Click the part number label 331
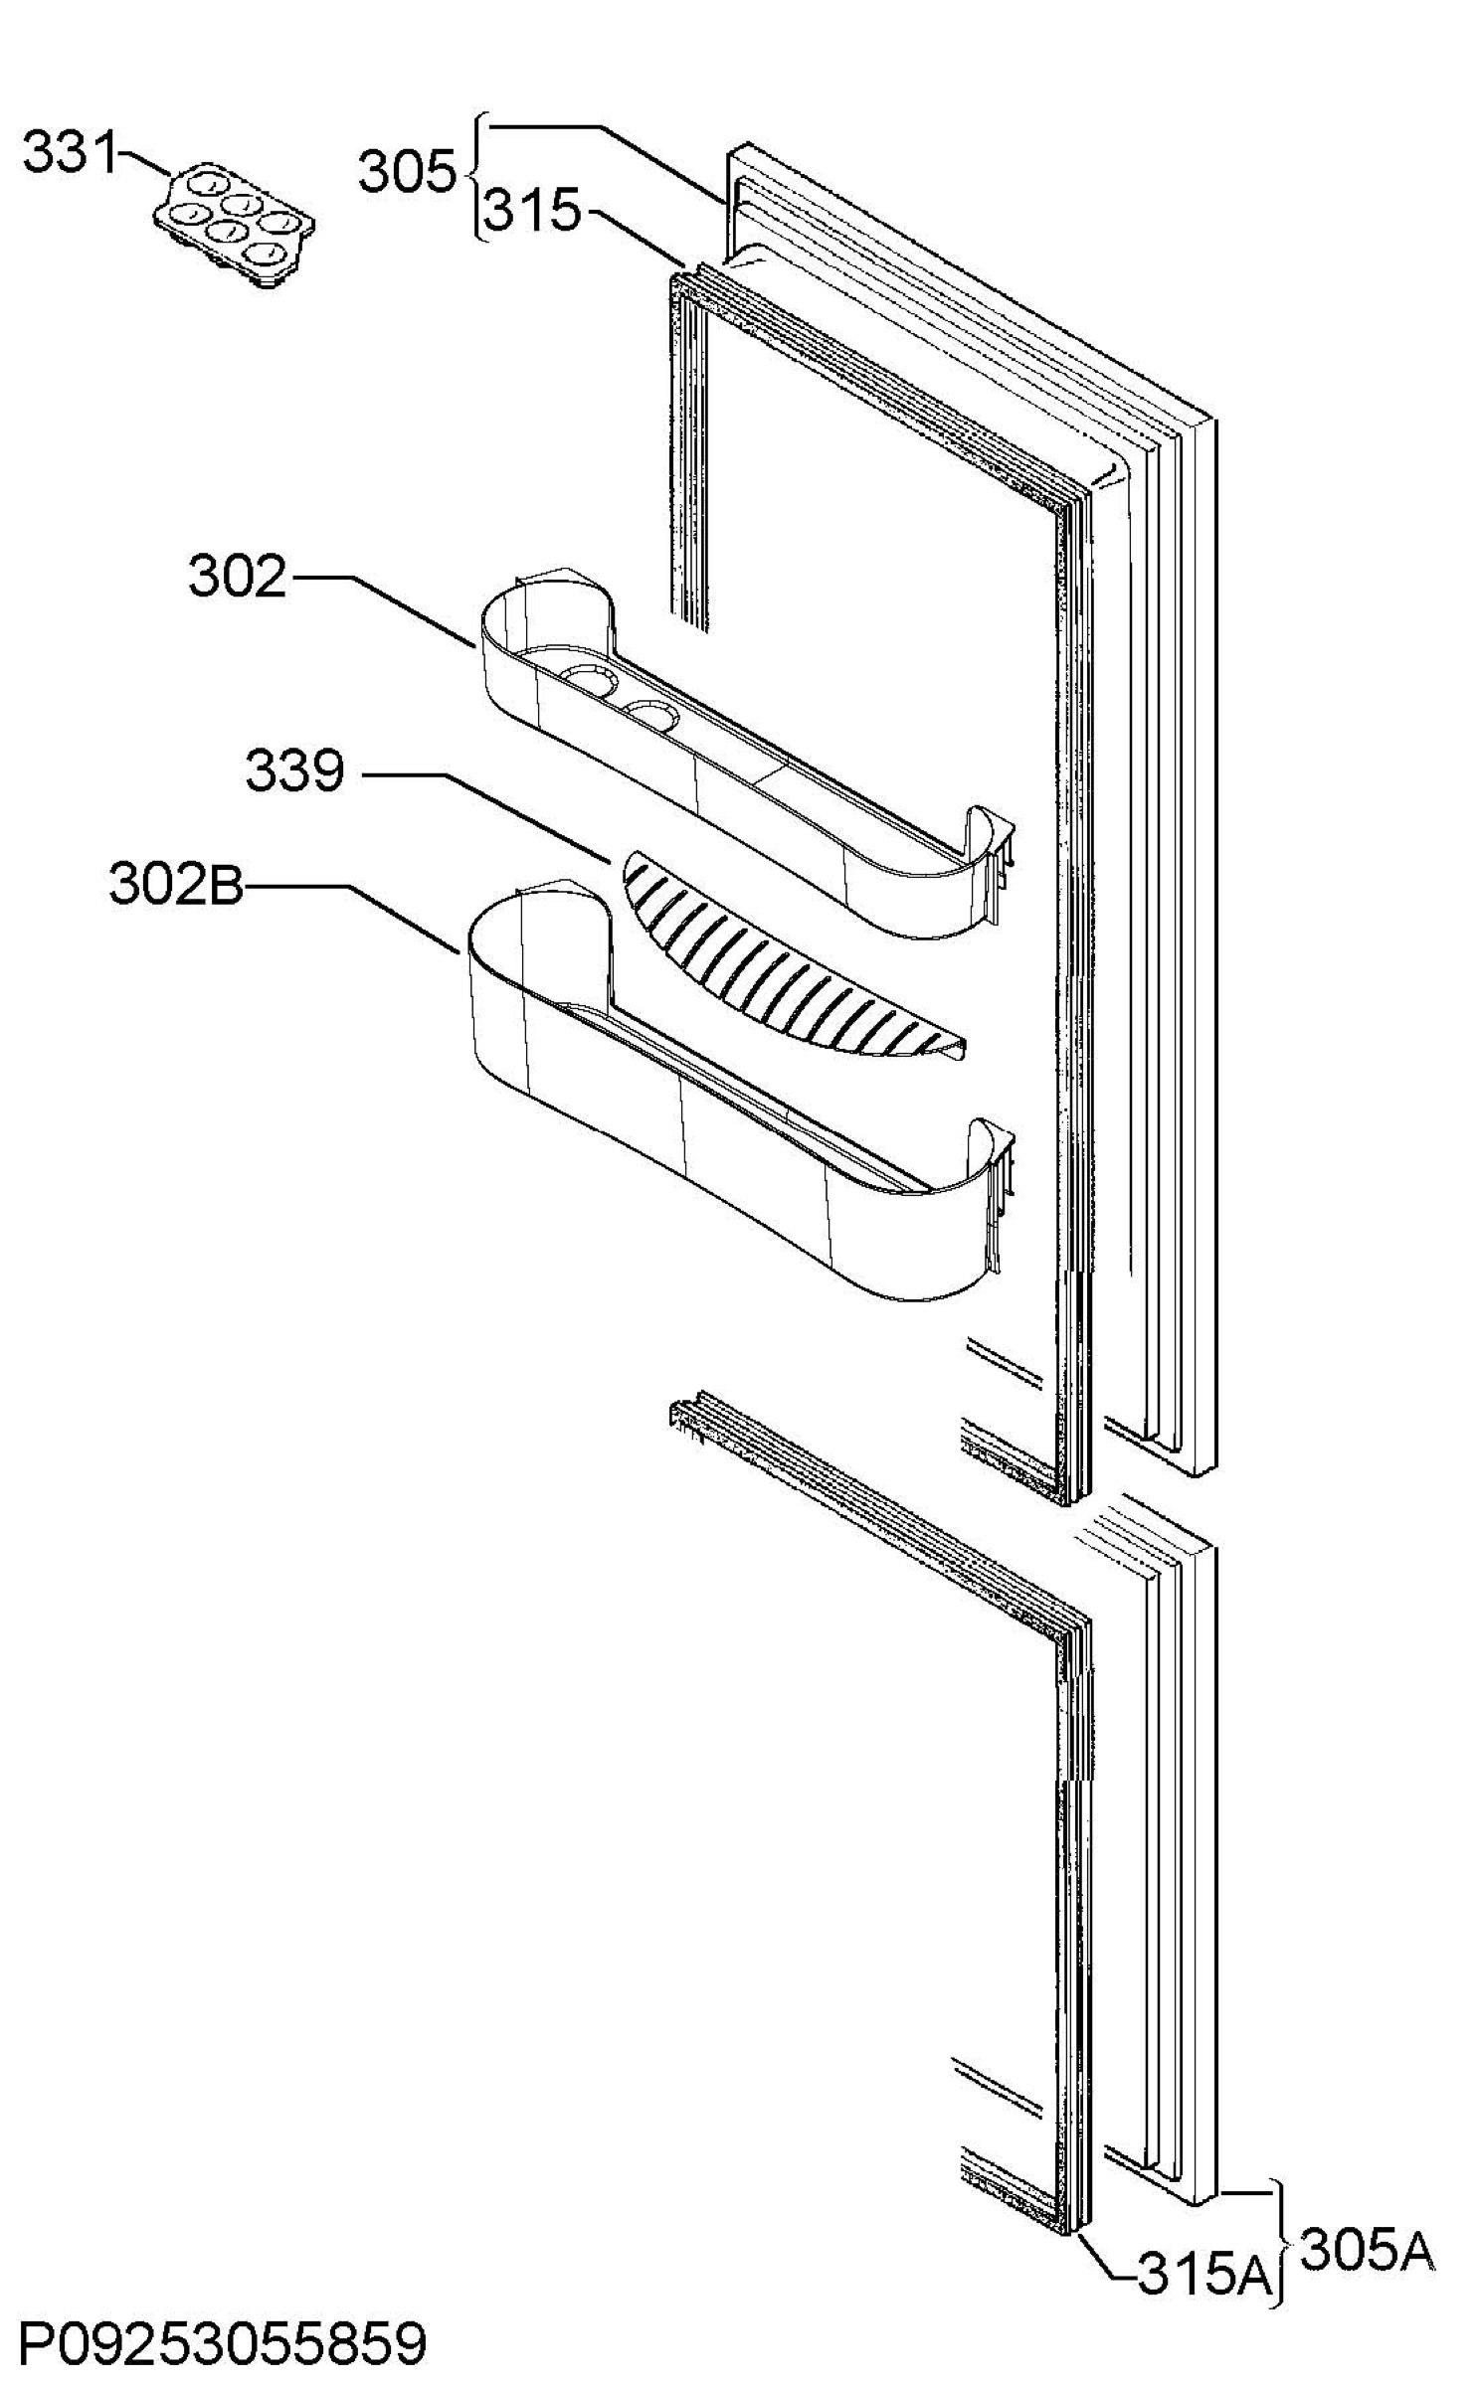click(x=70, y=153)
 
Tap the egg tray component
click(x=234, y=225)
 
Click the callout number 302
click(x=238, y=577)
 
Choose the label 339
click(x=294, y=770)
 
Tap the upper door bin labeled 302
click(x=746, y=756)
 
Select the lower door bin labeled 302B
click(x=736, y=1094)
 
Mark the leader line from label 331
click(x=145, y=163)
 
